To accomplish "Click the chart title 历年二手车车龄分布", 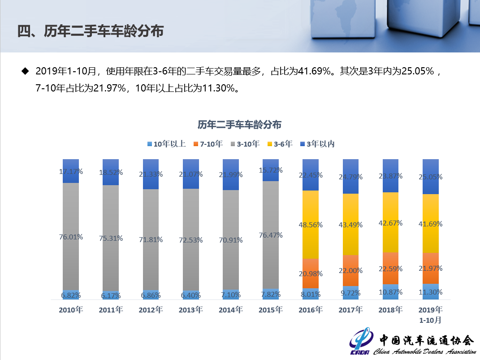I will pyautogui.click(x=240, y=125).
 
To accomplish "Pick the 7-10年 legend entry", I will pyautogui.click(x=208, y=144).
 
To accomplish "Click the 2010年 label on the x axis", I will pyautogui.click(x=71, y=310).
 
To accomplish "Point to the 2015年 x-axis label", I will pyautogui.click(x=270, y=310).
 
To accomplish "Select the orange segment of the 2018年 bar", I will pyautogui.click(x=390, y=268).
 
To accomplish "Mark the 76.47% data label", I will pyautogui.click(x=270, y=235).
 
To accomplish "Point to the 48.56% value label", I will pyautogui.click(x=311, y=225).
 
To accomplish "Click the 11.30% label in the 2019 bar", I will pyautogui.click(x=430, y=292).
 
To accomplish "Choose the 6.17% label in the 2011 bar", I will pyautogui.click(x=111, y=295).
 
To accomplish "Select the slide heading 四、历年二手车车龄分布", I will pyautogui.click(x=90, y=31).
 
